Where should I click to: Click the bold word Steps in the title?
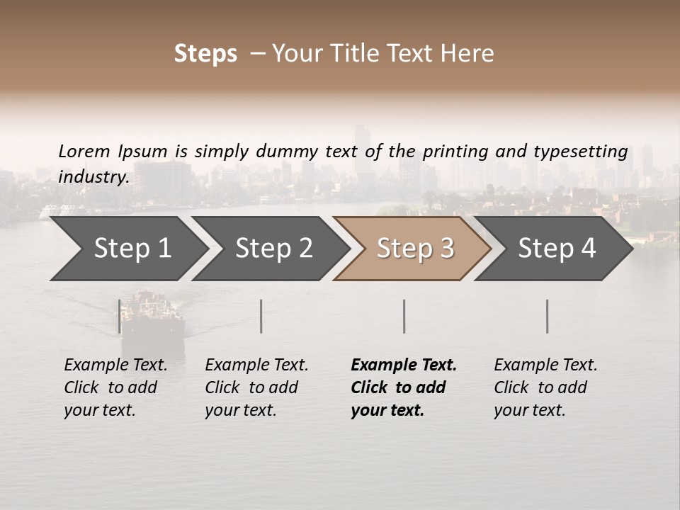click(x=205, y=54)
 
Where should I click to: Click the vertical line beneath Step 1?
click(x=120, y=316)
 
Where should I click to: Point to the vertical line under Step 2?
click(x=261, y=316)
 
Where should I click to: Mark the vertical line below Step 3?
click(x=404, y=316)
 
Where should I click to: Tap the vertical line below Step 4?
click(x=547, y=316)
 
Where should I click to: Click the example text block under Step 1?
click(x=115, y=387)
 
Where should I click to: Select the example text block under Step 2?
click(x=256, y=387)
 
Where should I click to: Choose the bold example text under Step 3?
click(x=404, y=387)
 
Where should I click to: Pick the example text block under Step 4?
click(x=545, y=387)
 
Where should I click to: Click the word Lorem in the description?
click(x=84, y=151)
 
